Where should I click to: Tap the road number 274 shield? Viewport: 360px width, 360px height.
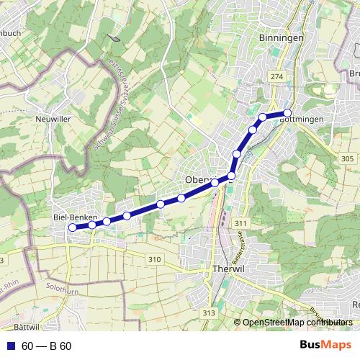pos(276,76)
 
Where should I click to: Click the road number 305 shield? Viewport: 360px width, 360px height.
pos(348,158)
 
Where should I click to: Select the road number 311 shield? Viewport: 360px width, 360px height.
pos(240,224)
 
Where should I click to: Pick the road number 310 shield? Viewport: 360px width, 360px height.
pos(153,259)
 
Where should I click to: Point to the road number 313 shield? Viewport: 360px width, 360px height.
pos(209,312)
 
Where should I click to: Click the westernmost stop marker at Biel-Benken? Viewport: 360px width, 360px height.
pos(72,228)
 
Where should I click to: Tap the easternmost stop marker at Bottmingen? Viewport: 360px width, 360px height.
pos(287,112)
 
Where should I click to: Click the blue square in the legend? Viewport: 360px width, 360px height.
pos(10,346)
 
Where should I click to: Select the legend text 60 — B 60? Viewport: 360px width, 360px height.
pos(46,346)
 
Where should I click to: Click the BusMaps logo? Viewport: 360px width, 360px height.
pos(325,345)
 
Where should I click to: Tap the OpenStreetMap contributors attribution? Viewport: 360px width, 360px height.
pos(293,323)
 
